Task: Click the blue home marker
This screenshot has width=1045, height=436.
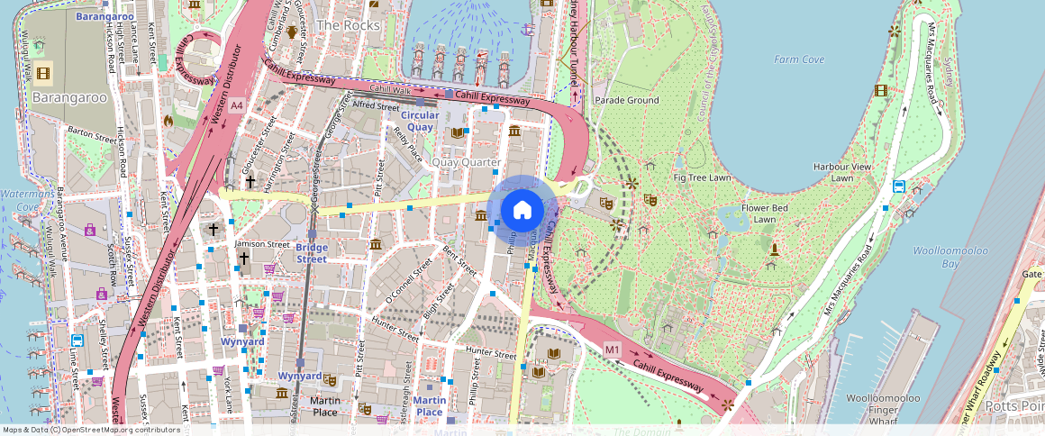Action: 522,211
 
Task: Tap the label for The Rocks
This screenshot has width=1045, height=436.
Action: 348,25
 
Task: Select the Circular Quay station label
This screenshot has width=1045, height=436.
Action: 420,121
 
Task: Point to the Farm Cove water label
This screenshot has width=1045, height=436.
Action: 799,59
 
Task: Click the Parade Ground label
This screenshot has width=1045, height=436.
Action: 626,100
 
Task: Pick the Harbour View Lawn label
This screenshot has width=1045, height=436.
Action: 842,172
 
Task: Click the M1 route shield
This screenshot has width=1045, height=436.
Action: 613,349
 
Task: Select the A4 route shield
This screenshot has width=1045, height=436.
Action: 236,105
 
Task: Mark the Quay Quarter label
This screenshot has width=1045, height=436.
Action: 466,162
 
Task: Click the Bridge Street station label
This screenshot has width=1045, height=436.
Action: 312,253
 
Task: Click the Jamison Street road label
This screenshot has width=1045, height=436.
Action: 262,243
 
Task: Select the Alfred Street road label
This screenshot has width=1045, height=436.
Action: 376,105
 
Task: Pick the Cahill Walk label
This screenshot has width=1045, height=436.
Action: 391,90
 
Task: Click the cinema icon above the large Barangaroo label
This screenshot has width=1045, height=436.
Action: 42,73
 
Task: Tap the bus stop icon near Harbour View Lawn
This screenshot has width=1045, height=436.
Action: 899,186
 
